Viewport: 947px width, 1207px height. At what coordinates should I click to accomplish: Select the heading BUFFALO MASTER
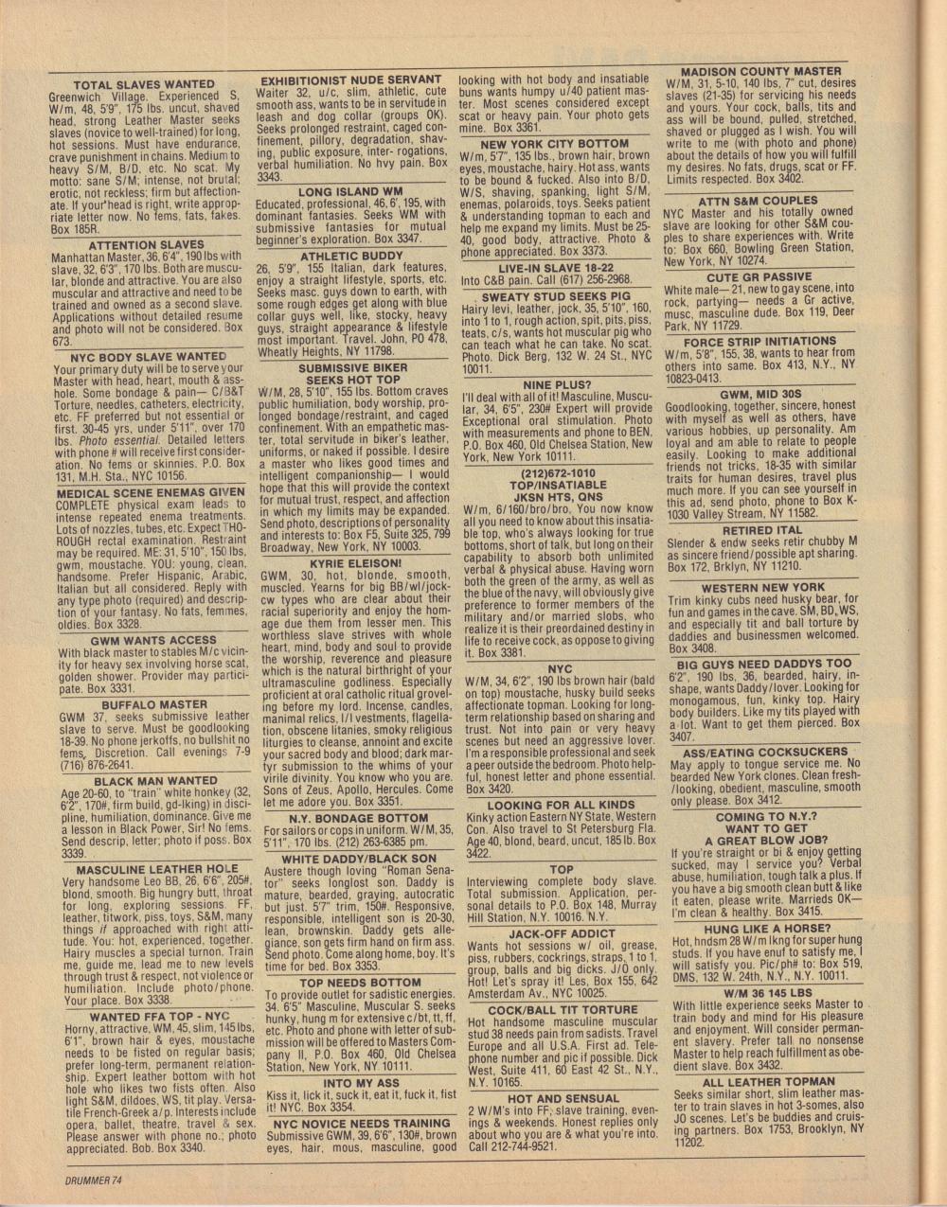coord(141,705)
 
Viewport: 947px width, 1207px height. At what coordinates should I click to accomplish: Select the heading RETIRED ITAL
coord(761,530)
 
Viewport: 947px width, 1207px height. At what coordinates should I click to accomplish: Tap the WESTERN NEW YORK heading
coord(762,587)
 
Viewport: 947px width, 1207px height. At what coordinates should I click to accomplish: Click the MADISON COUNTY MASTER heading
coord(761,71)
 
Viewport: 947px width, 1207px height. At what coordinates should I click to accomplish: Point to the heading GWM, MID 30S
coord(760,393)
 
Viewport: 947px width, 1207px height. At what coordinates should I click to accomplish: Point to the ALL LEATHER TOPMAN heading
coord(768,1082)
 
